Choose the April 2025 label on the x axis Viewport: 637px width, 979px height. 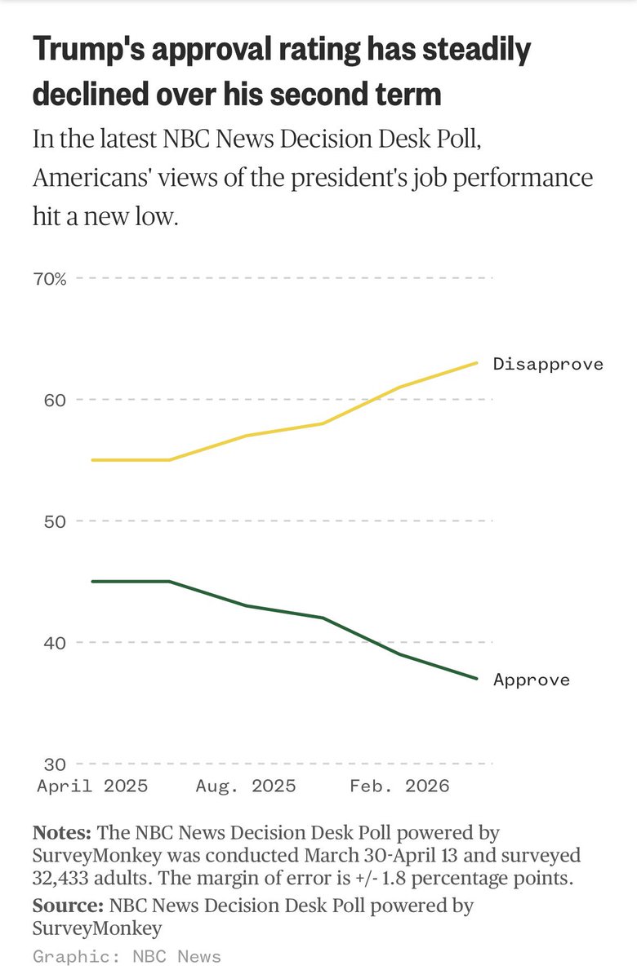[x=92, y=786]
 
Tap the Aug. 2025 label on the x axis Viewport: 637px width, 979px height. [x=246, y=786]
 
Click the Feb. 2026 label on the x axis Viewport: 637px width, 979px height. [x=399, y=786]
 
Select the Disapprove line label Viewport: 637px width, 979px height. [x=548, y=364]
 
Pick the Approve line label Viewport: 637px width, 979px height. [x=532, y=680]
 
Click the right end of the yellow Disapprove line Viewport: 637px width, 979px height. [x=477, y=363]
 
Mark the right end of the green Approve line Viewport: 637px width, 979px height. [x=477, y=678]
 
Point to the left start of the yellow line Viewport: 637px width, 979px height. [x=92, y=460]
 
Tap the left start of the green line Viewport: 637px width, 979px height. [x=92, y=582]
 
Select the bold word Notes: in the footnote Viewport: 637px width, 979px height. [x=62, y=833]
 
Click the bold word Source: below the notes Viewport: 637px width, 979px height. [x=67, y=906]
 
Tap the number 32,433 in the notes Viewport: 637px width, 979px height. [x=69, y=879]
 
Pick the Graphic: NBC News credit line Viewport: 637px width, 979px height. [x=127, y=956]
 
